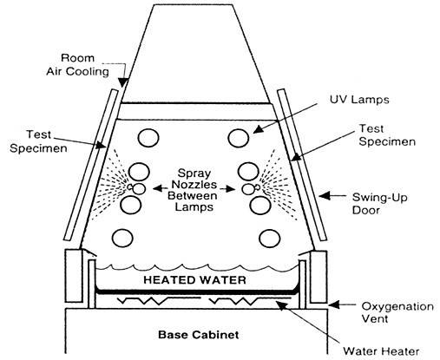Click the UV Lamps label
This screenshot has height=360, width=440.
359,100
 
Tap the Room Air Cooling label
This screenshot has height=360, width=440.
77,65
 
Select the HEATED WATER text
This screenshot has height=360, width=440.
194,280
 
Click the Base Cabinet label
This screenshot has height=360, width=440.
199,335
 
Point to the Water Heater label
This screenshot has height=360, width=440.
381,351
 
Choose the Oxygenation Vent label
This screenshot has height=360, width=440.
397,312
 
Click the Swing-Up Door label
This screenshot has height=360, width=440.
379,204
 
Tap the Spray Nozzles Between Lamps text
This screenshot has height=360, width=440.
194,190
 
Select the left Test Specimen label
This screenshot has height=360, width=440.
38,141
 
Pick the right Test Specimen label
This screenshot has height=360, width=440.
387,135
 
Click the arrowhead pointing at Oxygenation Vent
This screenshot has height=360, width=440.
334,304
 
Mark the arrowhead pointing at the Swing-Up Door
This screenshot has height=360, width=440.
325,196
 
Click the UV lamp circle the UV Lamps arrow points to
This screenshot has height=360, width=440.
239,138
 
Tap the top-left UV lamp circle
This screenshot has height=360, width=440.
148,138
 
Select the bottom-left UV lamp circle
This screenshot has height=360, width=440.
122,239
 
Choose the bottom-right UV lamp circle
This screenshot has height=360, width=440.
270,239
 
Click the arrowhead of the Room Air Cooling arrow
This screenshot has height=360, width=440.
124,82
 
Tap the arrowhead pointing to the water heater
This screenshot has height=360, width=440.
281,305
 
